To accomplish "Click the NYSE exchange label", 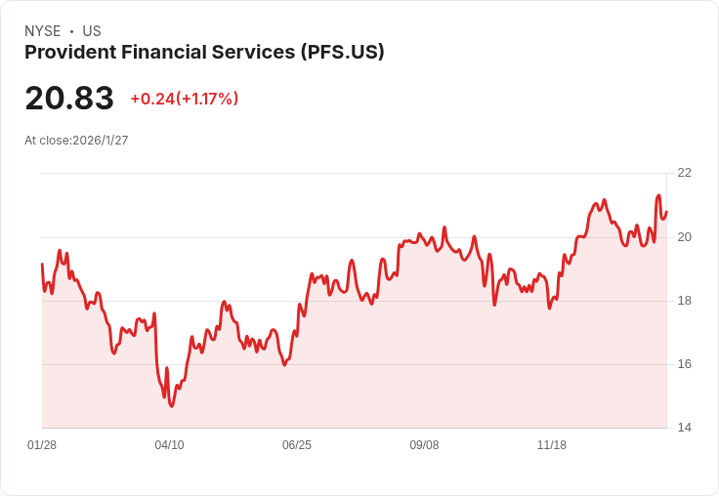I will [x=42, y=31].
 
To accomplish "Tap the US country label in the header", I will [x=92, y=31].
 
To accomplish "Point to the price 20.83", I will [x=69, y=98].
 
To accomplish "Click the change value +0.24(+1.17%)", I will [x=185, y=99].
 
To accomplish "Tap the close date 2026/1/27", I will [x=101, y=141].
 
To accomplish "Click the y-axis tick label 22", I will [x=684, y=173].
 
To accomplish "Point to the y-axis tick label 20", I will [x=684, y=237].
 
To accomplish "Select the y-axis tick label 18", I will [x=684, y=301].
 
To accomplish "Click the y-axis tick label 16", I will [x=684, y=364].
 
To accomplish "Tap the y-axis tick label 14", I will [x=684, y=428].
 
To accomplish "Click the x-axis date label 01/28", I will [x=42, y=445].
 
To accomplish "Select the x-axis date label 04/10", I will [x=169, y=445].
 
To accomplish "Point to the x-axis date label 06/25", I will [x=297, y=445].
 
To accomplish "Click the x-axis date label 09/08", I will [x=424, y=445].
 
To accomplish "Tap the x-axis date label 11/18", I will [x=552, y=445].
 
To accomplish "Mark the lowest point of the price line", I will [x=171, y=405].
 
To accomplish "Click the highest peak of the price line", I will [x=658, y=195].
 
